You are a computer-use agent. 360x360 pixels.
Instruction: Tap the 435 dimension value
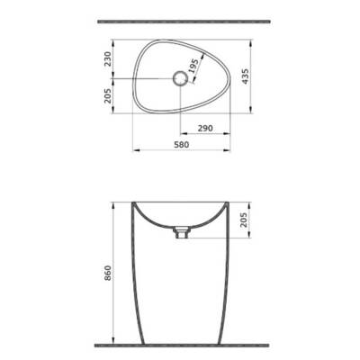262,77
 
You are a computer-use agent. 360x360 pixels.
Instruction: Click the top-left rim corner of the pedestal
131,200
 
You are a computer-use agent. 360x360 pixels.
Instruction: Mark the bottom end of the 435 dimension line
253,116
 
